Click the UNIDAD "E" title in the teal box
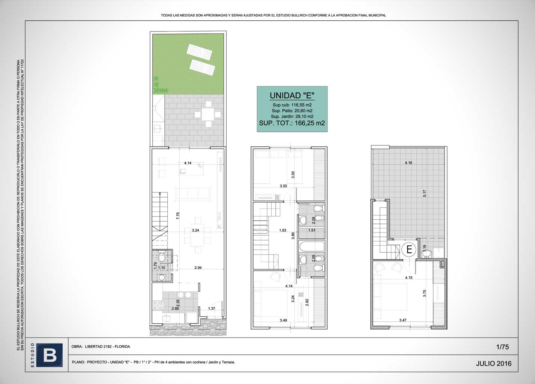292,96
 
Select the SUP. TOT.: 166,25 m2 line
292,123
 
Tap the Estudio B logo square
50,355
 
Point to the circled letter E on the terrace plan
409,249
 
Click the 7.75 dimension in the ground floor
178,216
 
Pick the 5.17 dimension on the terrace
424,193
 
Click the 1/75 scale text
502,347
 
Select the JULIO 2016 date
494,363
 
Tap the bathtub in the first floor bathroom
312,246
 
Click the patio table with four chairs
207,114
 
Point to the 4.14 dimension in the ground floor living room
188,163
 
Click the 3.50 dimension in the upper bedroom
283,186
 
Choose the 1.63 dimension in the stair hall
283,230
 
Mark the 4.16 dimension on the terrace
409,163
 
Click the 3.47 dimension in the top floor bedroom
403,320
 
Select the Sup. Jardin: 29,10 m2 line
292,117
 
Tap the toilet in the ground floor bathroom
162,256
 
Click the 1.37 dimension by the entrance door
211,308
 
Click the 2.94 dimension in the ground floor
198,267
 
